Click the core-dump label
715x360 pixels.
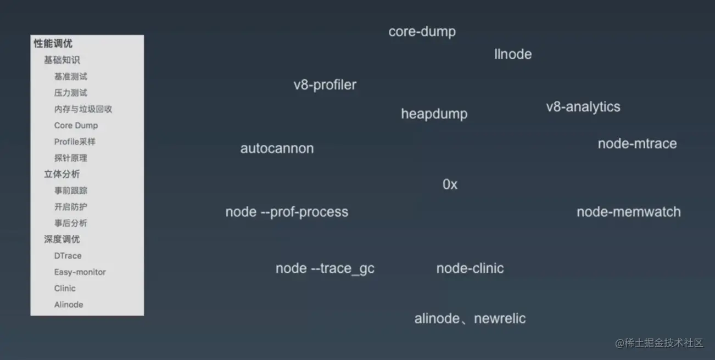coord(422,32)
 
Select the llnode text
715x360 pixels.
coord(513,54)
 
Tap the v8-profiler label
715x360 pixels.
coord(325,85)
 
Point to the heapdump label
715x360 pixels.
coord(434,114)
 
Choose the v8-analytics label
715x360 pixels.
coord(583,107)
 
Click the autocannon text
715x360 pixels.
coord(277,149)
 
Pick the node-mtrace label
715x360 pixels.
coord(637,144)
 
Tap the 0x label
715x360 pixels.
coord(450,185)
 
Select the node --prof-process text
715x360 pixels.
coord(287,212)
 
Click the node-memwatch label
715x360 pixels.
coord(628,212)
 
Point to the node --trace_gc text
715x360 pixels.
coord(325,269)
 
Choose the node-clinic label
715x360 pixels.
coord(470,269)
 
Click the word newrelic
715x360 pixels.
coord(500,319)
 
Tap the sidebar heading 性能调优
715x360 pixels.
coord(53,44)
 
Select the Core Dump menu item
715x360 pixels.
coord(76,126)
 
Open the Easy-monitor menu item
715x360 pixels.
coord(80,272)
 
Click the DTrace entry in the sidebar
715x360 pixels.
coord(68,256)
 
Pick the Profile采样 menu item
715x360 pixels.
coord(75,142)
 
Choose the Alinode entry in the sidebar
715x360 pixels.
coord(69,305)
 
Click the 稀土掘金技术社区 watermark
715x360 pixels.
coord(659,343)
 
